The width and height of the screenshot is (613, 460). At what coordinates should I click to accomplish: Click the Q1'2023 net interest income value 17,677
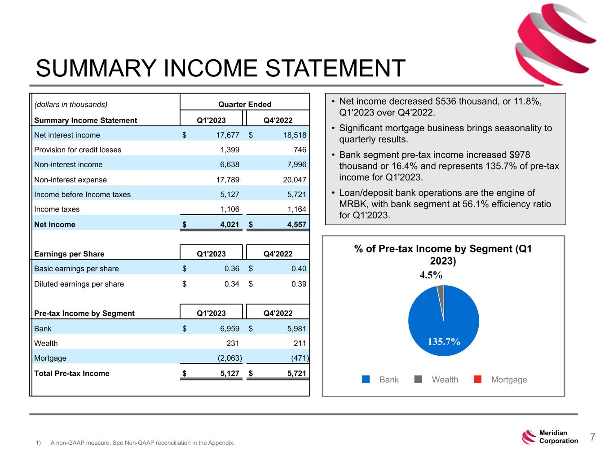tap(226, 135)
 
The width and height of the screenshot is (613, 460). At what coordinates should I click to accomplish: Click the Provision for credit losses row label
tap(78, 150)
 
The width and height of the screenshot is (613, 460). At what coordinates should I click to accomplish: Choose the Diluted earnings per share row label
tap(79, 284)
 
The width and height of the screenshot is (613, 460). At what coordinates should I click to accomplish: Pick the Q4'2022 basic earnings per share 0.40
tap(298, 269)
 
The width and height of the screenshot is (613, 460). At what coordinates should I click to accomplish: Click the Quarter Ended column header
tap(245, 105)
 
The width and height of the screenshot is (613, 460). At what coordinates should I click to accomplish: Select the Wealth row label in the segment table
tap(46, 344)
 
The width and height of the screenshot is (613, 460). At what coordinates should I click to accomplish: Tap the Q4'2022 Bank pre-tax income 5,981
tap(296, 329)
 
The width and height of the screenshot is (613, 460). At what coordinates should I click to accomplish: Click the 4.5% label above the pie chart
tap(431, 275)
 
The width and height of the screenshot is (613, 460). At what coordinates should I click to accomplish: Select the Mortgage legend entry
tap(500, 380)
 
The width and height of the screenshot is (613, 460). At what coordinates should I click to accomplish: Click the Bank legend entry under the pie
tap(381, 380)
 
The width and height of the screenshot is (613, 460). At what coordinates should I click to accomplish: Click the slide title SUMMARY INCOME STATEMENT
tap(221, 69)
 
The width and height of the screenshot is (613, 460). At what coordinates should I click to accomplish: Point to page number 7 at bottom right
tap(592, 437)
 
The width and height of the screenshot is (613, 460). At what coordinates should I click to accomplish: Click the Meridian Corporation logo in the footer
tap(550, 437)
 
